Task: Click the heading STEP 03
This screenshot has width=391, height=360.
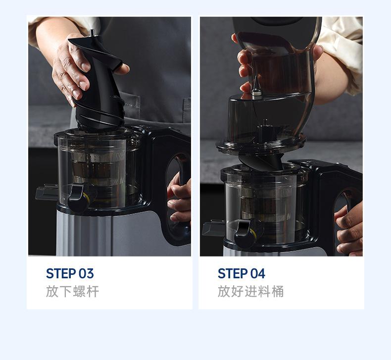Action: [70, 273]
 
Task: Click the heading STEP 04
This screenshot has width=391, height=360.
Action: [242, 273]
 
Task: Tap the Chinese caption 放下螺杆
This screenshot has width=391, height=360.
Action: [73, 291]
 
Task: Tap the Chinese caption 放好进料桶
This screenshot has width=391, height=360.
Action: [250, 291]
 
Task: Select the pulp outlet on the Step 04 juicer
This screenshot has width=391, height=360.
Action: [213, 228]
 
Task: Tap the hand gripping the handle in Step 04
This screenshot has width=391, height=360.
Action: [349, 230]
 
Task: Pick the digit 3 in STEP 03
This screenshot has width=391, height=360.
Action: [90, 273]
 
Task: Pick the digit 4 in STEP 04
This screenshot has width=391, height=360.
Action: [261, 273]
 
